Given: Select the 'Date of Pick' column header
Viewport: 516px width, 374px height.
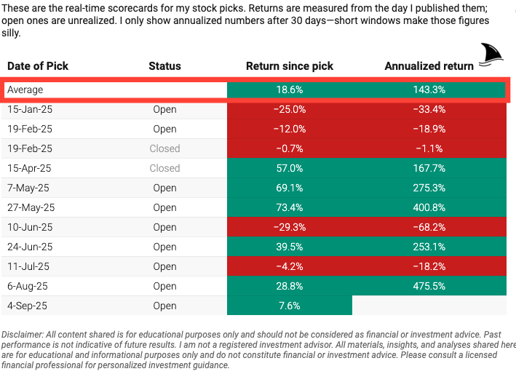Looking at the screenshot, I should click(x=38, y=65).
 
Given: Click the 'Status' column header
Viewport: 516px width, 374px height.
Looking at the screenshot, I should click(x=164, y=65).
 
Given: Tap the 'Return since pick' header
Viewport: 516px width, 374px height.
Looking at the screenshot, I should click(x=290, y=65).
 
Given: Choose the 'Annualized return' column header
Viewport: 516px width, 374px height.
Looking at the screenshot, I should click(x=429, y=65).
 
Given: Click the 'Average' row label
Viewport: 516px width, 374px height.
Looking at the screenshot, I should click(x=25, y=89).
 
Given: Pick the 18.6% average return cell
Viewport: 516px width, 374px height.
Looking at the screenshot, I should click(x=290, y=89).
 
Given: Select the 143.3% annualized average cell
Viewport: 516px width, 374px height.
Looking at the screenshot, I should click(x=429, y=89).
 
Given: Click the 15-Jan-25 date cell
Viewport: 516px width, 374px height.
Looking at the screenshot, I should click(x=30, y=109).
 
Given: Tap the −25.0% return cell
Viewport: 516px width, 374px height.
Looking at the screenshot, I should click(x=290, y=109).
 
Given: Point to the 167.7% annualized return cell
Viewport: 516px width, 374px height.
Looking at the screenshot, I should click(x=429, y=168).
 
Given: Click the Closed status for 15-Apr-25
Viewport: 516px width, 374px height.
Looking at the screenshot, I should click(x=164, y=168).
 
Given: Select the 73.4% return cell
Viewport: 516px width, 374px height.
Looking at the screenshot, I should click(x=290, y=207).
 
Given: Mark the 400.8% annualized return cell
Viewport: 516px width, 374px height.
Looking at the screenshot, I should click(x=429, y=207).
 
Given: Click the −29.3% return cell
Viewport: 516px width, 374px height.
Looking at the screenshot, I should click(x=290, y=227).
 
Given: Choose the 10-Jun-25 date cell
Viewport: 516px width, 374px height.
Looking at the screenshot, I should click(x=30, y=227).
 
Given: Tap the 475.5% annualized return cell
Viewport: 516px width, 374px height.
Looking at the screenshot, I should click(x=429, y=286).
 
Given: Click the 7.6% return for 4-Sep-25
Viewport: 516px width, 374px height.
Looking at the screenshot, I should click(x=290, y=306).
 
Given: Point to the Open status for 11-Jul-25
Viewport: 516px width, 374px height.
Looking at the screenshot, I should click(x=164, y=266).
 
